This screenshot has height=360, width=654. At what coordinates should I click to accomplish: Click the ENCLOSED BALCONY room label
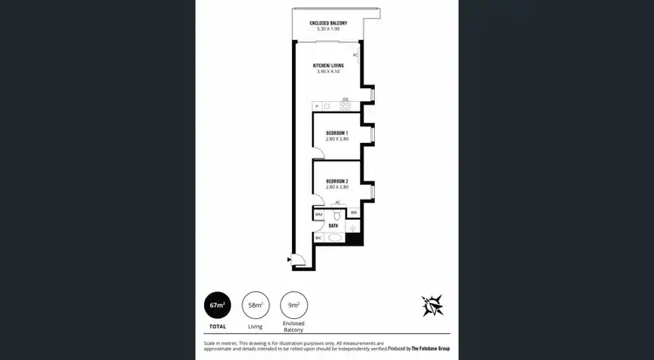point(328,24)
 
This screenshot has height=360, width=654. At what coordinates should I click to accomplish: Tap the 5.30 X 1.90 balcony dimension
point(328,30)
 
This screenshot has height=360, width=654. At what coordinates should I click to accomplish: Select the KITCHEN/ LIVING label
point(328,65)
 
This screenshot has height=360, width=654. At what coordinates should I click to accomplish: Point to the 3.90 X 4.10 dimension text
point(328,71)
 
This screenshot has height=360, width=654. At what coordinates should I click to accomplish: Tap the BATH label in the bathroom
point(333,225)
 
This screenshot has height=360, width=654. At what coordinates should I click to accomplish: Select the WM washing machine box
point(318,213)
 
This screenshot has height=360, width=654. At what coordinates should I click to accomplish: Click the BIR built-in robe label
point(353,212)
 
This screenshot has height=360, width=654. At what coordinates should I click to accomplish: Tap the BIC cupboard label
point(318,237)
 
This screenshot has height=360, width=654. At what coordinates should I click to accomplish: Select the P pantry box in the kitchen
point(317,106)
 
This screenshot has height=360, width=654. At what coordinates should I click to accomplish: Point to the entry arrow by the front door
point(289,258)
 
